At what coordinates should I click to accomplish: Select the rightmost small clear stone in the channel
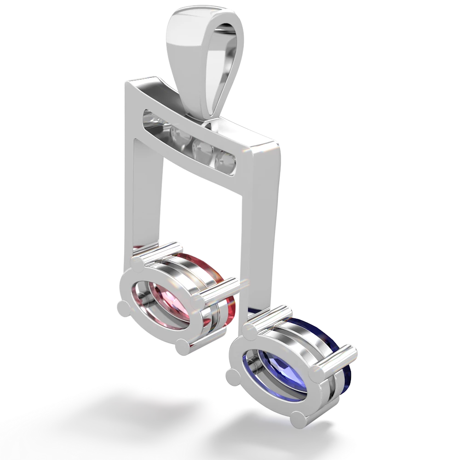pos(226,161)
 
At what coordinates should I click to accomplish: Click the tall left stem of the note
pos(147,198)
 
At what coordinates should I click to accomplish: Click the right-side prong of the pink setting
pos(199,303)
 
